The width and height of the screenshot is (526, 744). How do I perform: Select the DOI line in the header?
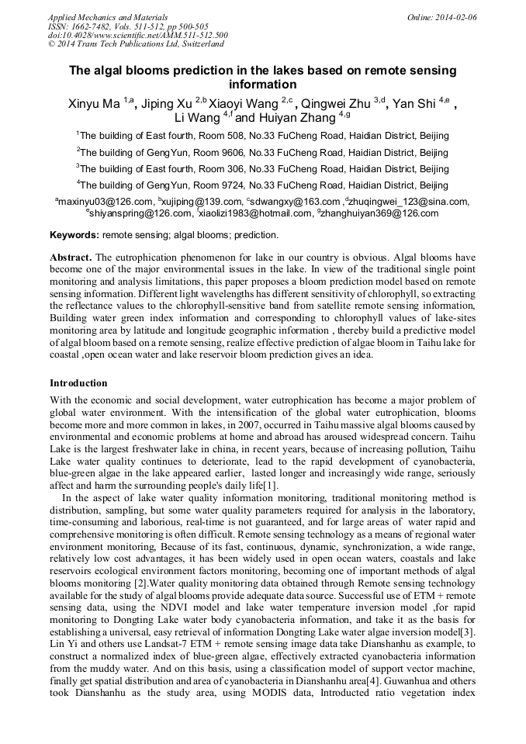click(137, 35)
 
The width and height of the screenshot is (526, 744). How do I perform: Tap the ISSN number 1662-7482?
click(95, 26)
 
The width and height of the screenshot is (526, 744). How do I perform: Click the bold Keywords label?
click(74, 234)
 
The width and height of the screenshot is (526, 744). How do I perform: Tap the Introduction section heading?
click(78, 382)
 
